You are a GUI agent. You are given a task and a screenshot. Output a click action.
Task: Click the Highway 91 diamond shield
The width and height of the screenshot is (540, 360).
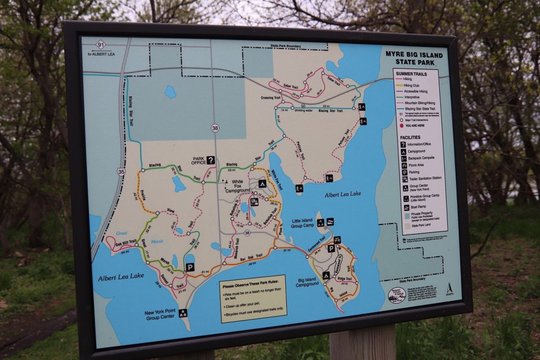(x=101, y=46)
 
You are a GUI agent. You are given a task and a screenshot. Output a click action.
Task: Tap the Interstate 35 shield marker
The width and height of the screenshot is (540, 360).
(x=121, y=171)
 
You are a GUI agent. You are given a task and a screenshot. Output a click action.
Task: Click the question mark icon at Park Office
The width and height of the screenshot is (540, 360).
(x=210, y=160)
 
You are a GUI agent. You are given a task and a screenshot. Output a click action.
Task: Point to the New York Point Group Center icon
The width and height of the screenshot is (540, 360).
(x=183, y=313)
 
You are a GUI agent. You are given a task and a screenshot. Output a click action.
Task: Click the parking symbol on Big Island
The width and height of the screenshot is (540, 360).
(x=331, y=248)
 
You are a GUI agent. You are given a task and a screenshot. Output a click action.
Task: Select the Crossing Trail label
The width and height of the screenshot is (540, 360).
(x=270, y=98)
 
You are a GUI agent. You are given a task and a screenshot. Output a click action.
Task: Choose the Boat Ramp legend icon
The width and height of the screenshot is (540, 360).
(x=404, y=207)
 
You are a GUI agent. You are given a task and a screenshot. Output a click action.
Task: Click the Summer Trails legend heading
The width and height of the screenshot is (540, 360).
(x=411, y=74)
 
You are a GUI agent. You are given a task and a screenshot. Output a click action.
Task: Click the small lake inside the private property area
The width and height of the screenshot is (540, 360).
(x=170, y=92)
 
